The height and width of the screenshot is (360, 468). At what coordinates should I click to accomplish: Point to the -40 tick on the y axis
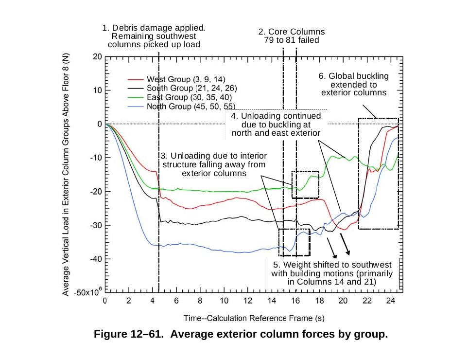coord(95,259)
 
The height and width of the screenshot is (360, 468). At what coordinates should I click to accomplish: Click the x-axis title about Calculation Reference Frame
coord(254,319)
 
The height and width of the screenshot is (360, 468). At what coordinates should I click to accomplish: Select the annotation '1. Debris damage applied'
coord(154,36)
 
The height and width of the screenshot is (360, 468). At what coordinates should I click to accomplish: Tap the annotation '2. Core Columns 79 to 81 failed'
coord(291,36)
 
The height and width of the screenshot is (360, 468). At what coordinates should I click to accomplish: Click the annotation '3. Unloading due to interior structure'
coord(214,164)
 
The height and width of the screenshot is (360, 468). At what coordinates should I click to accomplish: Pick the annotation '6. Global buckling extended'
coord(354,84)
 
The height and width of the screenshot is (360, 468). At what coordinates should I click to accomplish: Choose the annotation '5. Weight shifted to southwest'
coord(332,273)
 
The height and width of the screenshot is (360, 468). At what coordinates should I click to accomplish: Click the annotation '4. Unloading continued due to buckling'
coord(276,124)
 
